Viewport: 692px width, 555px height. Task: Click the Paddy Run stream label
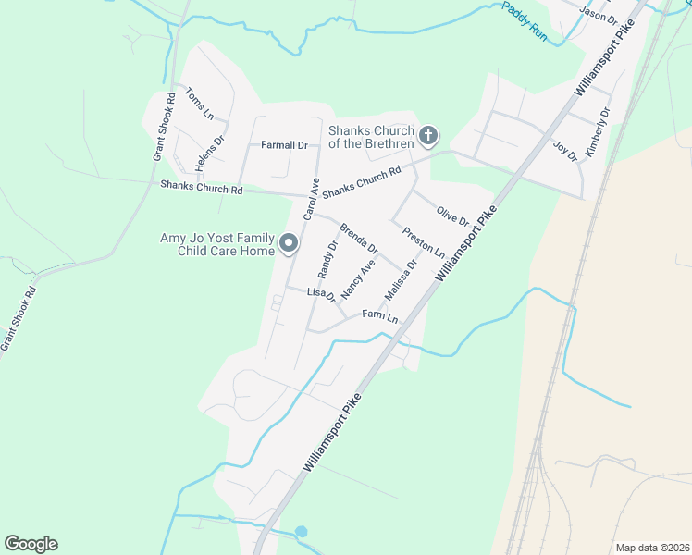coord(525,22)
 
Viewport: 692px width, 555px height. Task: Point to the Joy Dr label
coord(564,150)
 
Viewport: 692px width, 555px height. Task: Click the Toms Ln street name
coord(200,104)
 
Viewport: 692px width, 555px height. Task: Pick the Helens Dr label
coord(210,154)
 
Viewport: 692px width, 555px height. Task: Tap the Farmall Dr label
coord(284,145)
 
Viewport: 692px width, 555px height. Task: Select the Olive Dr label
coord(452,217)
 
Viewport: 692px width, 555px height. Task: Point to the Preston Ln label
coord(424,242)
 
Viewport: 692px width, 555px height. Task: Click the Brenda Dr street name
coord(359,239)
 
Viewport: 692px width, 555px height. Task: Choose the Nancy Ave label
coord(358,278)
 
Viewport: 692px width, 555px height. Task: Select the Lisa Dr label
coord(320,293)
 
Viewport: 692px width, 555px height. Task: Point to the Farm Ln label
coord(380,317)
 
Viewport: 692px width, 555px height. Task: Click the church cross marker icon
coord(427,137)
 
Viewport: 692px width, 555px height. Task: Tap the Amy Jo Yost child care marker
coord(289,244)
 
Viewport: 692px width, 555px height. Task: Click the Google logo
coord(31,544)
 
